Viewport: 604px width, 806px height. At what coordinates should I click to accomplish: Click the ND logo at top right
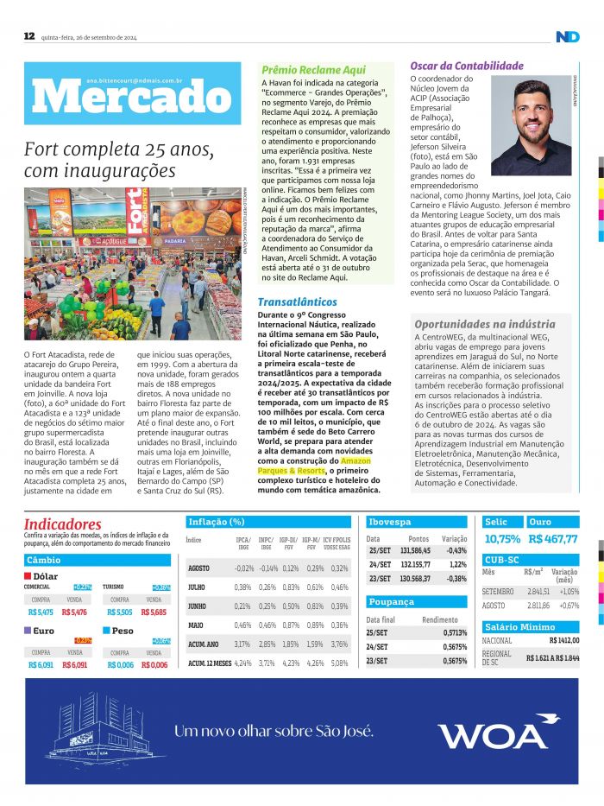click(567, 36)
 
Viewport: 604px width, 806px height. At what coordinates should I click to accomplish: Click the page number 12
click(29, 36)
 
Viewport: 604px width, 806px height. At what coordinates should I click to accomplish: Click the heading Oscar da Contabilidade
click(467, 66)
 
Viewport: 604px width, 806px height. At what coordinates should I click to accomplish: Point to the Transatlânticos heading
click(298, 301)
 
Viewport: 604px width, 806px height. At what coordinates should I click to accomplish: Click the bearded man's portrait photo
click(531, 127)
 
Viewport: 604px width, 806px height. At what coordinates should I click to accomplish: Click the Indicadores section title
click(62, 524)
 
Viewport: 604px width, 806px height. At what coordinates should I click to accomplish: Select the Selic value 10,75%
click(502, 538)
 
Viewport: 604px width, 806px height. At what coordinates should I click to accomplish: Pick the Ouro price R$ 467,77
click(553, 538)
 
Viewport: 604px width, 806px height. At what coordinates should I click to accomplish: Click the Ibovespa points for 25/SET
click(415, 550)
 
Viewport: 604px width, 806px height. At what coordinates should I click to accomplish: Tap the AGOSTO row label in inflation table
click(198, 568)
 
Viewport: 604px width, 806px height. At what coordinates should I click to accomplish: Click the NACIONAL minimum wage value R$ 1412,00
click(563, 640)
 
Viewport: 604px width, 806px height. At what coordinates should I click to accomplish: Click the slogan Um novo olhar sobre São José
click(274, 732)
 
